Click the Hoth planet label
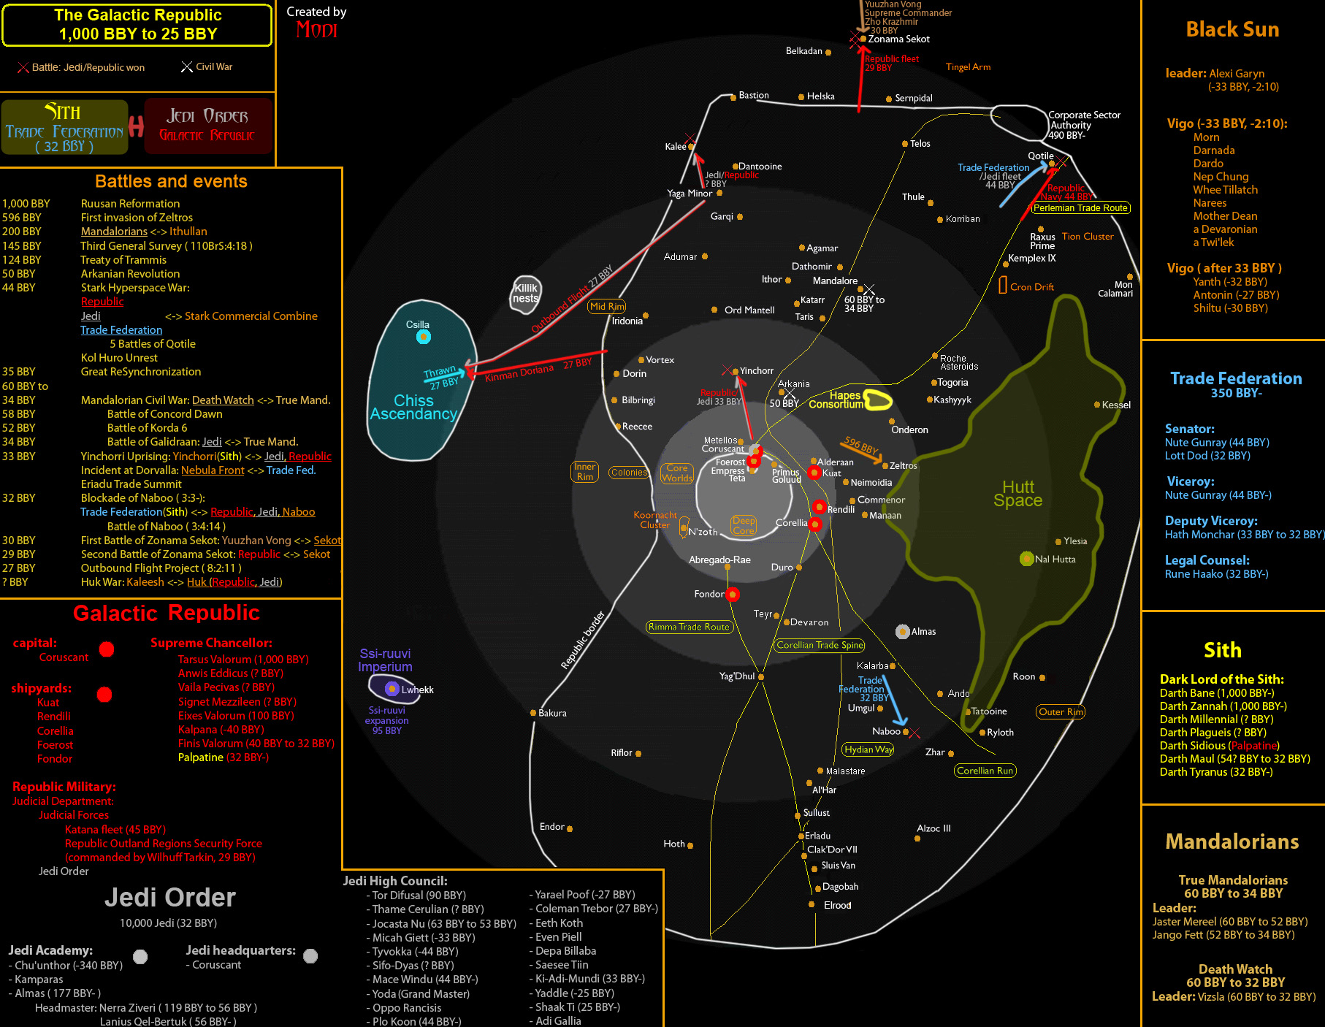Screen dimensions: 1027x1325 click(x=674, y=844)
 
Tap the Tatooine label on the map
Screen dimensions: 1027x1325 click(x=989, y=711)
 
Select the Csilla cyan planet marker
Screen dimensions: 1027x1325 click(x=423, y=337)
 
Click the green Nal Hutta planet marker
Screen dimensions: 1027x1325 click(x=1026, y=559)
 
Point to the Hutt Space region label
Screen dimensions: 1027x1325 click(x=1017, y=494)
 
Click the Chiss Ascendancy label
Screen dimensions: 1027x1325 click(x=413, y=408)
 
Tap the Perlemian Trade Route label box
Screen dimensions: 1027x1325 click(x=1080, y=208)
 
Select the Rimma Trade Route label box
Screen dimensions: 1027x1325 click(x=689, y=627)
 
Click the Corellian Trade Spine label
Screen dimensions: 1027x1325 click(x=820, y=645)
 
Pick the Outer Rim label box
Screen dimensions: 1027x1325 click(x=1061, y=712)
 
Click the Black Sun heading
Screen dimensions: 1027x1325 click(x=1232, y=30)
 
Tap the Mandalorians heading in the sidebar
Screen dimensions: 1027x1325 click(x=1232, y=842)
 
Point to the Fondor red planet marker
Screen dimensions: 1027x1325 click(x=733, y=595)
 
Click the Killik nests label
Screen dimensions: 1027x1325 click(x=525, y=293)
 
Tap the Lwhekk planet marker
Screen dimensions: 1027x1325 click(x=392, y=689)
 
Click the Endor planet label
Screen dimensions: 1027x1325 click(x=551, y=827)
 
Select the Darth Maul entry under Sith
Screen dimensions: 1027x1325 click(x=1234, y=759)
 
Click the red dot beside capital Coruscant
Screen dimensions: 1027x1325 click(x=107, y=649)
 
